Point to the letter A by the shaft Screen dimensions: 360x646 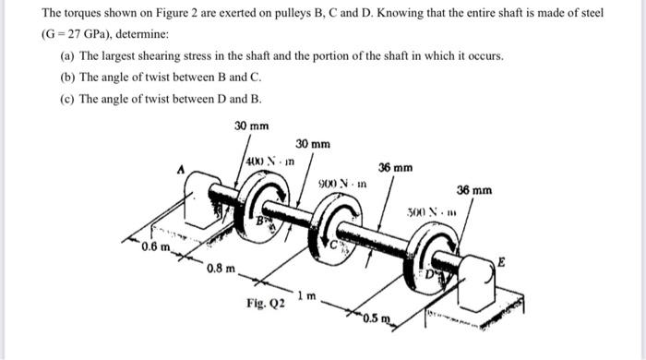coord(181,169)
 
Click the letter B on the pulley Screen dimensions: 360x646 coord(259,222)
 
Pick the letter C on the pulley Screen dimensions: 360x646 coord(337,246)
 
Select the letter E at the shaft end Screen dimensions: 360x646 coord(501,262)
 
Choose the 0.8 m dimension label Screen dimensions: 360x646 coord(220,269)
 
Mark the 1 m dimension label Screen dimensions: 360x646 coord(312,297)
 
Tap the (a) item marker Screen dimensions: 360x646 coord(56,55)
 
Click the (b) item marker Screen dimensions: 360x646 coord(56,77)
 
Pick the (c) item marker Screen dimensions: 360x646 coord(56,99)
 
